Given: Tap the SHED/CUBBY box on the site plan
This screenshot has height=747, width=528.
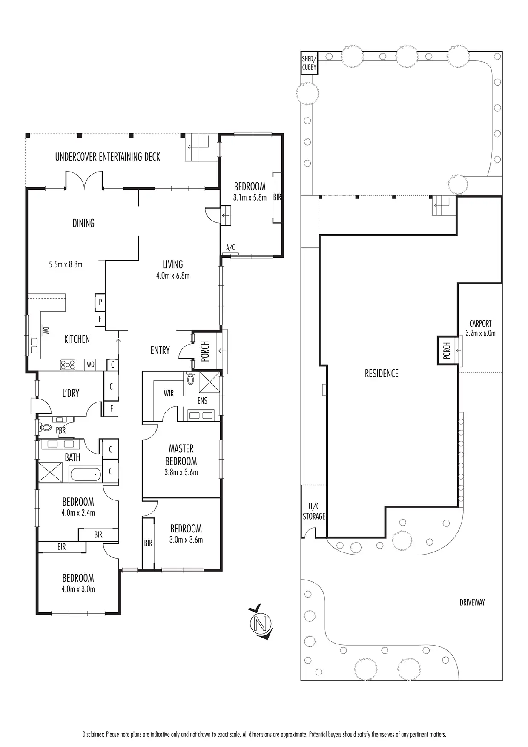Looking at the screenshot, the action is tap(309, 63).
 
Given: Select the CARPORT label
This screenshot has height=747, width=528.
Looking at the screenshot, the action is tap(480, 324).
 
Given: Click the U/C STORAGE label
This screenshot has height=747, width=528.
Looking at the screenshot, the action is tap(314, 511).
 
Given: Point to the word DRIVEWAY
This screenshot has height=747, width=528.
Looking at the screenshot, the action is tap(472, 603).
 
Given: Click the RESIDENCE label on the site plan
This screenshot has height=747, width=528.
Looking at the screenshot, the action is tap(382, 373).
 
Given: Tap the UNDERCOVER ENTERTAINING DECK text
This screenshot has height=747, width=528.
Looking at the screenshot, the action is tap(108, 157).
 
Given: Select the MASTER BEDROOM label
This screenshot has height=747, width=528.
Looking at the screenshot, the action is tap(181, 455).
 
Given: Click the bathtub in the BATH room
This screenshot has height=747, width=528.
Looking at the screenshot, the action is tap(86, 474).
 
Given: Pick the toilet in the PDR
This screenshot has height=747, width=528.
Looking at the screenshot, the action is tap(46, 427).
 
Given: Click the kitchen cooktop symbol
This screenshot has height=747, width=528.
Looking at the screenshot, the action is tap(68, 365).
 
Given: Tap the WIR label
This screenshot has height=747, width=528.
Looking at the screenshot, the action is tap(169, 393).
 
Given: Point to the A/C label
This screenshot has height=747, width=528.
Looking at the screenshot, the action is tap(230, 247).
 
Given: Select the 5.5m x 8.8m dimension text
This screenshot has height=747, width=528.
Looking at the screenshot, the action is tap(66, 264).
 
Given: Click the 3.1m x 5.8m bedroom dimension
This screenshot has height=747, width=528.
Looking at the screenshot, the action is tap(250, 198).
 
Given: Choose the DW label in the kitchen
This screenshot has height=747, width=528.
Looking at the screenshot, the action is tap(45, 330).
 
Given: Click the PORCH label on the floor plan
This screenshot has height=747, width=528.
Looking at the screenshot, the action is tap(205, 351).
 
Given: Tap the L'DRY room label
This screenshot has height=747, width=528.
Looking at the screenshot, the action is tap(71, 393).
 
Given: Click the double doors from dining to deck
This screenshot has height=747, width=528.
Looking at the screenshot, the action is tap(84, 180).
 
